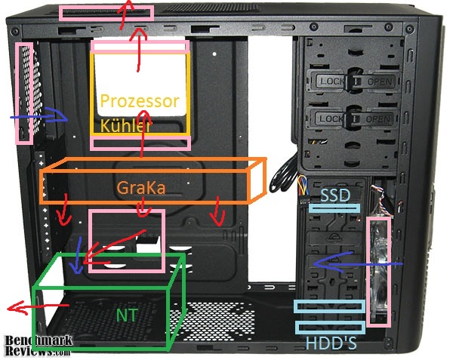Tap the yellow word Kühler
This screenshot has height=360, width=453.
(125, 126)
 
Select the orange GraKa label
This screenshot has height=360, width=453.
(141, 188)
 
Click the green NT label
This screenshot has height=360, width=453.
(127, 315)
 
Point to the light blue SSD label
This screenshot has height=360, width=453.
(335, 195)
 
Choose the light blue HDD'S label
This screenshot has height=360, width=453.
(331, 343)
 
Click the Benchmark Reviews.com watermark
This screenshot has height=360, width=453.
(39, 346)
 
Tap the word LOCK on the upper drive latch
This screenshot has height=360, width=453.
(331, 81)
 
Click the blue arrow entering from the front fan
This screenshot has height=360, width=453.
(358, 263)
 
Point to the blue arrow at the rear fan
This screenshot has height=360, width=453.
(39, 117)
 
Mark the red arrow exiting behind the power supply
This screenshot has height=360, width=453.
(39, 307)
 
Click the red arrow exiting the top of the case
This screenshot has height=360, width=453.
(125, 14)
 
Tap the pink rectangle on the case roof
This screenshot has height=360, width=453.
(106, 14)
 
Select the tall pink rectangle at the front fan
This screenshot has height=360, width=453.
(378, 272)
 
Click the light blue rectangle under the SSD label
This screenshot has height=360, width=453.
(334, 208)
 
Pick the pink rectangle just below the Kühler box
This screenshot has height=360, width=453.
(140, 143)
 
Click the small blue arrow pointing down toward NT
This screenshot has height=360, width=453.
(77, 256)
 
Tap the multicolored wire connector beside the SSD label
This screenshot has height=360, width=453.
(303, 190)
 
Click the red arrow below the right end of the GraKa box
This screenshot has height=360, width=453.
(218, 211)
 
